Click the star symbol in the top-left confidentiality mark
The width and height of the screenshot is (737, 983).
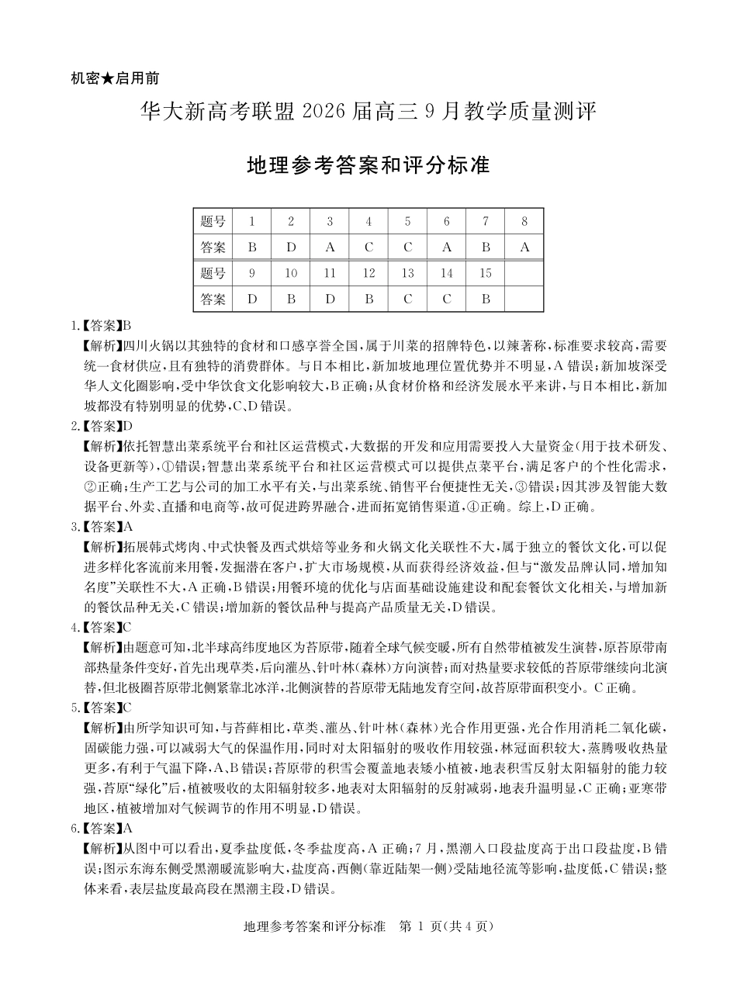(x=109, y=78)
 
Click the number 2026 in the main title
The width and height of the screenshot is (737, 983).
(x=327, y=112)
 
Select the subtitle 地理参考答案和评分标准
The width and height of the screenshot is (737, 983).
(x=368, y=166)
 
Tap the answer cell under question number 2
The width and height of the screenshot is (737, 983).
(x=291, y=247)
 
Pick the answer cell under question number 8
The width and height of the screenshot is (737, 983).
(x=524, y=247)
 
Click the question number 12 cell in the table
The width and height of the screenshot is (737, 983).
(x=368, y=273)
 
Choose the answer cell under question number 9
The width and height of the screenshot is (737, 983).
(x=252, y=299)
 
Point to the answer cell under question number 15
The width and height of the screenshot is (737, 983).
(x=486, y=299)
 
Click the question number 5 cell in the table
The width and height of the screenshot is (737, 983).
(x=407, y=222)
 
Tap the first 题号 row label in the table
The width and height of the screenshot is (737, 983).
(x=213, y=222)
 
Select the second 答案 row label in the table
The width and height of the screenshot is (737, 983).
(x=213, y=299)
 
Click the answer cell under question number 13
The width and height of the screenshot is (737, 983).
(x=407, y=299)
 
